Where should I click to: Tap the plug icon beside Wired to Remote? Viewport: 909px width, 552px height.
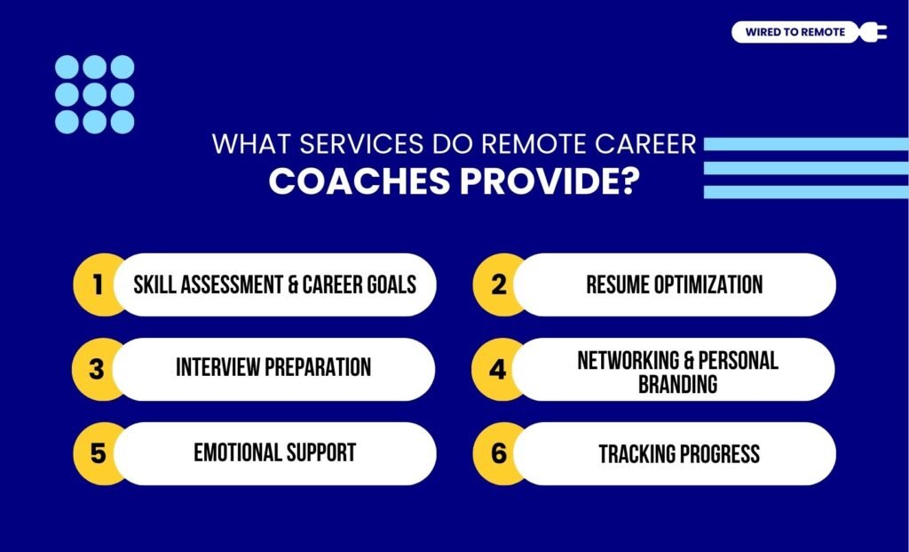(x=872, y=33)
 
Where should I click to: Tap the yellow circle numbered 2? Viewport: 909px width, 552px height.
(x=497, y=284)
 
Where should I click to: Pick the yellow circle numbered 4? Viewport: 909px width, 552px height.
(x=497, y=368)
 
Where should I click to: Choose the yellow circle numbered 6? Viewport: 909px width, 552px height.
(x=497, y=453)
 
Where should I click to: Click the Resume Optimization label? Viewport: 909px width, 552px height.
(x=674, y=284)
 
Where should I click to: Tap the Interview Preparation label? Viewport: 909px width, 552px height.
(x=273, y=367)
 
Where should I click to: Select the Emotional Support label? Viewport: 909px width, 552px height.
(x=274, y=452)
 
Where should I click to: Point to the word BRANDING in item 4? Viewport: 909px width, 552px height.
(x=677, y=383)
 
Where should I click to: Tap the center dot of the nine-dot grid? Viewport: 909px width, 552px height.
(x=95, y=94)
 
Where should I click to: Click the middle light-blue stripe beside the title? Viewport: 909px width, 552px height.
(x=806, y=168)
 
